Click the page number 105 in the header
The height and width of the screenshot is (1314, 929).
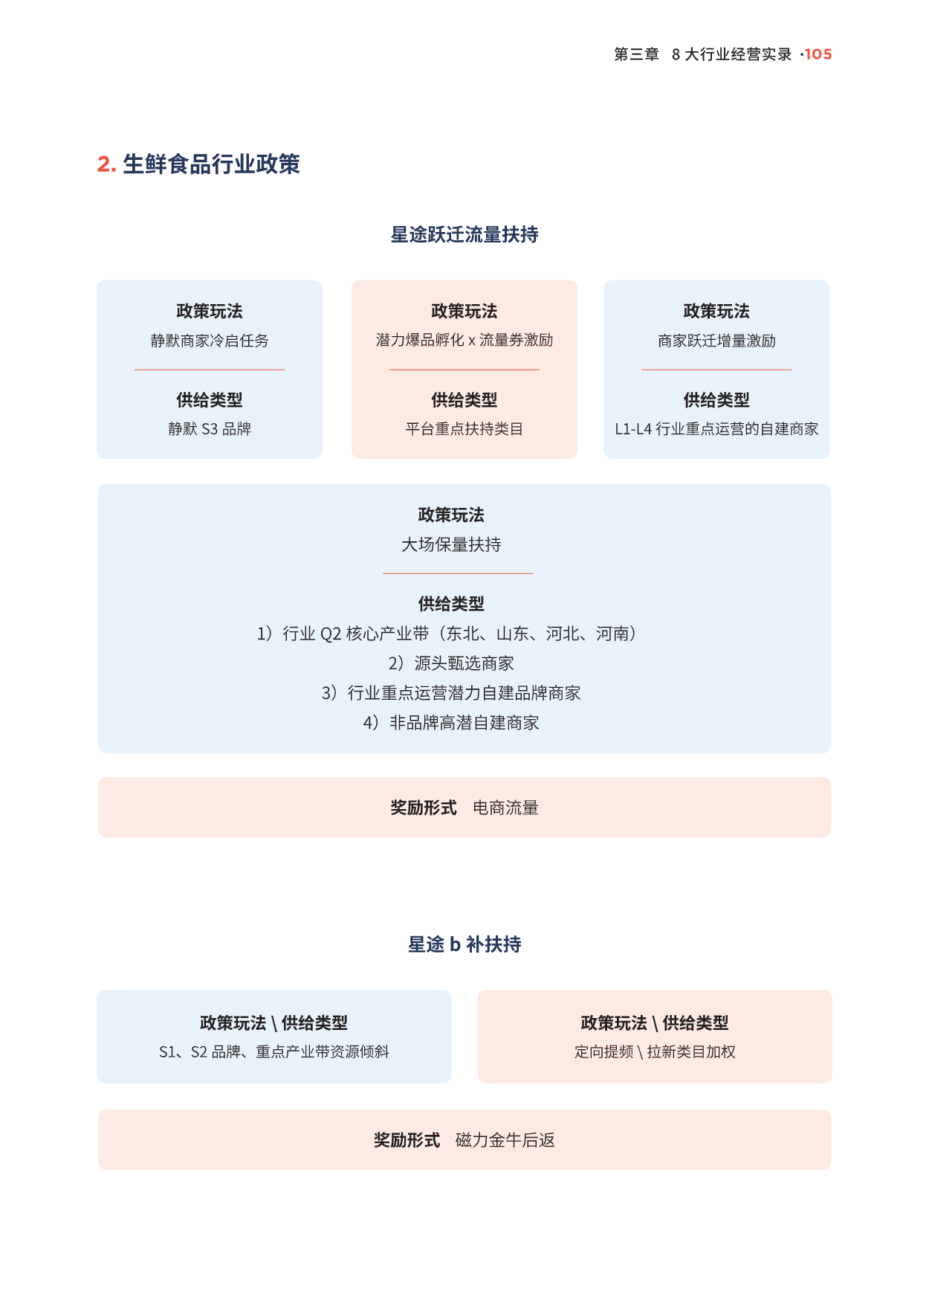pyautogui.click(x=818, y=54)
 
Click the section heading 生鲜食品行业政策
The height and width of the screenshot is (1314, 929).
pyautogui.click(x=211, y=164)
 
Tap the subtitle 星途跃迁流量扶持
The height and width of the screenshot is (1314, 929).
pyautogui.click(x=464, y=235)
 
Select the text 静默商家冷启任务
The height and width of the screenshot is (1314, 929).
pyautogui.click(x=210, y=341)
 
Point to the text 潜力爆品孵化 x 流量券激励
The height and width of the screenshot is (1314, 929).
pyautogui.click(x=464, y=340)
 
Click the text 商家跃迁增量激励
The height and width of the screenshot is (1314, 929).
pyautogui.click(x=716, y=341)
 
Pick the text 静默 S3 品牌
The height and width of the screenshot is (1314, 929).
pyautogui.click(x=210, y=429)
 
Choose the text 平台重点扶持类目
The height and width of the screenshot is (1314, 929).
pyautogui.click(x=464, y=429)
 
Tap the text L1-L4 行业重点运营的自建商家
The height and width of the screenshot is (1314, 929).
pyautogui.click(x=716, y=429)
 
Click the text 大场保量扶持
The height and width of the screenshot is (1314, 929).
pyautogui.click(x=451, y=545)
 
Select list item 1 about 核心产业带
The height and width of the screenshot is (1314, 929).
pyautogui.click(x=447, y=634)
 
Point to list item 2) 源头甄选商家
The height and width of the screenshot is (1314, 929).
pyautogui.click(x=451, y=663)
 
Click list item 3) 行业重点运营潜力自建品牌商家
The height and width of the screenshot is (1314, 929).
pyautogui.click(x=451, y=693)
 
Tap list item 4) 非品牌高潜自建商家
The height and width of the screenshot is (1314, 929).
pyautogui.click(x=451, y=723)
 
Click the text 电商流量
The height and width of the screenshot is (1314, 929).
pyautogui.click(x=505, y=808)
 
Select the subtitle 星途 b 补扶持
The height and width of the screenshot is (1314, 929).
pyautogui.click(x=464, y=944)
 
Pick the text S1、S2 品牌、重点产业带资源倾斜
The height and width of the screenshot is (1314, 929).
pyautogui.click(x=274, y=1051)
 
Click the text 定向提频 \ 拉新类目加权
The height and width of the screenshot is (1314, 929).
pyautogui.click(x=655, y=1051)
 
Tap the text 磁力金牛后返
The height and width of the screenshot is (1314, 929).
pyautogui.click(x=505, y=1140)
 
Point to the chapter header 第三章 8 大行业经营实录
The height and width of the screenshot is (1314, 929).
pyautogui.click(x=703, y=54)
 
